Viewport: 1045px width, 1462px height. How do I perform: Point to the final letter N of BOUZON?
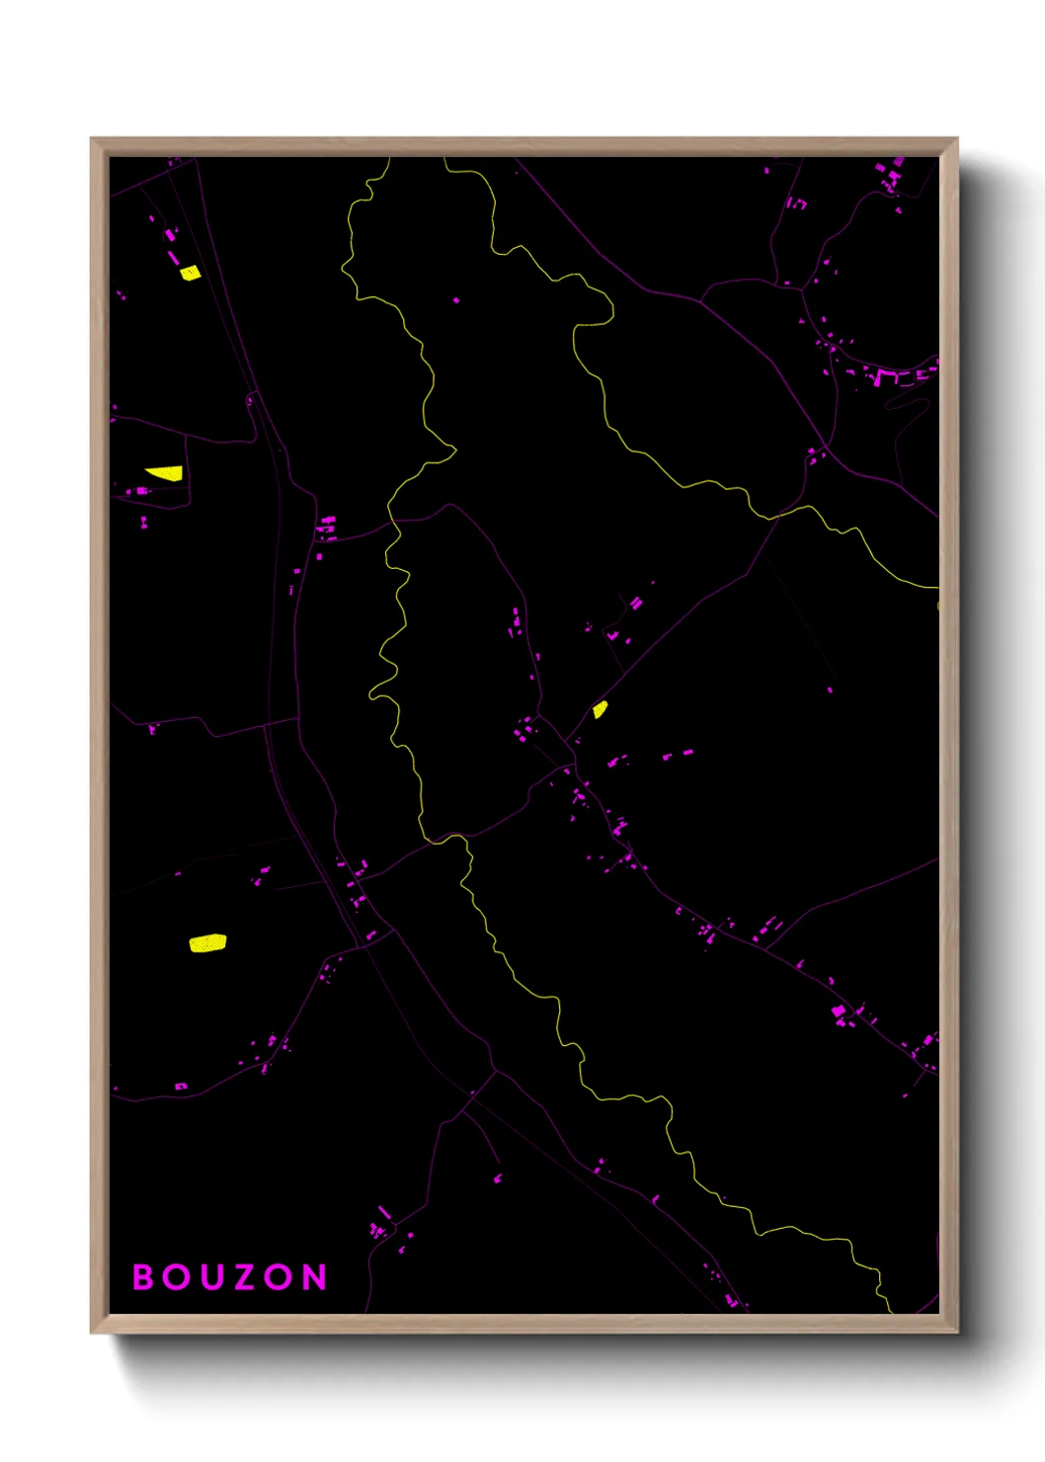click(314, 1277)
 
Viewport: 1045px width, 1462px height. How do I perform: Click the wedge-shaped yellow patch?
click(166, 473)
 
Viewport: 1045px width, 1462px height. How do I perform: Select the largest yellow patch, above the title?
click(207, 943)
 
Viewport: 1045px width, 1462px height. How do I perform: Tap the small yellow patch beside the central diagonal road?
click(600, 709)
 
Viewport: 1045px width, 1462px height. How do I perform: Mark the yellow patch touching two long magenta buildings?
click(190, 273)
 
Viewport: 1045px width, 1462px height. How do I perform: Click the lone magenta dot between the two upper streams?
click(455, 300)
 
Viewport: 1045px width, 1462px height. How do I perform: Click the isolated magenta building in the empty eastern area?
click(830, 690)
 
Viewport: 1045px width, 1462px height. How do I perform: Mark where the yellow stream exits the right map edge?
click(936, 588)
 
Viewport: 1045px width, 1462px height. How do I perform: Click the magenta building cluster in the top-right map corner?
click(892, 176)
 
